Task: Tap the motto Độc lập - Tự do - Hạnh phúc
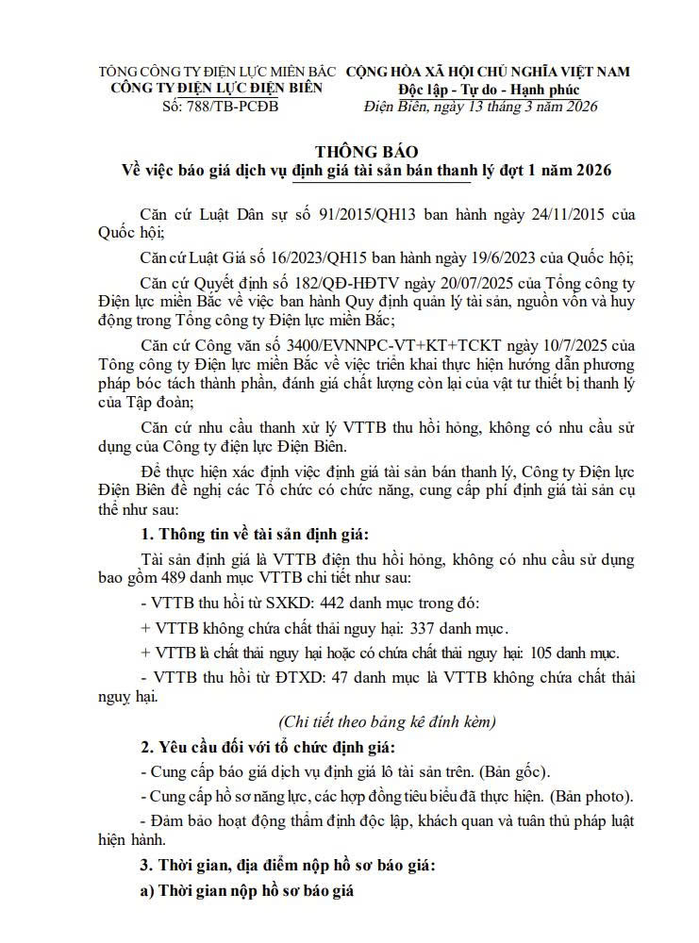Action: tap(488, 90)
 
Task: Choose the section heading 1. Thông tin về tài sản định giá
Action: tap(257, 535)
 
